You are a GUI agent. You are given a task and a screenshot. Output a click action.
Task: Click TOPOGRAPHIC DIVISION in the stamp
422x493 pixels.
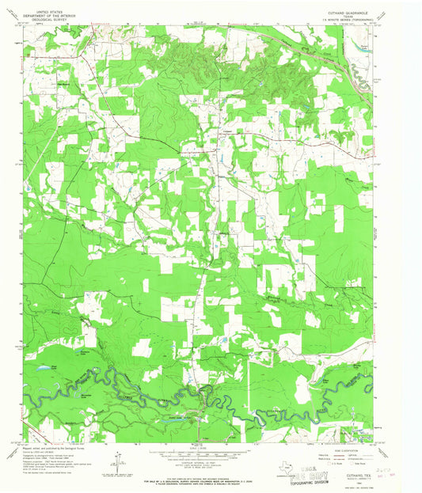[312, 481]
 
